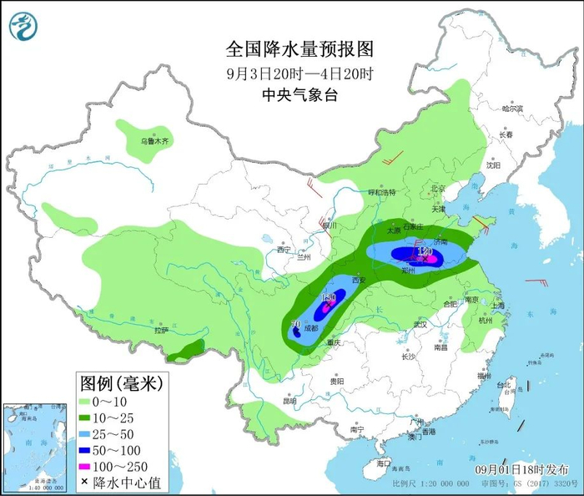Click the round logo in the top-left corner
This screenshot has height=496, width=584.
[23, 28]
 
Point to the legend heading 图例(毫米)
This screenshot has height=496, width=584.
[122, 383]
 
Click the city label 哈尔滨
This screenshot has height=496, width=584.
[511, 109]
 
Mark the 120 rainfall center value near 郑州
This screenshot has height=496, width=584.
[425, 251]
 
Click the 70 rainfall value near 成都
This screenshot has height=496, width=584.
[295, 324]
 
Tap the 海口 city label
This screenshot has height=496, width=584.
[383, 463]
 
